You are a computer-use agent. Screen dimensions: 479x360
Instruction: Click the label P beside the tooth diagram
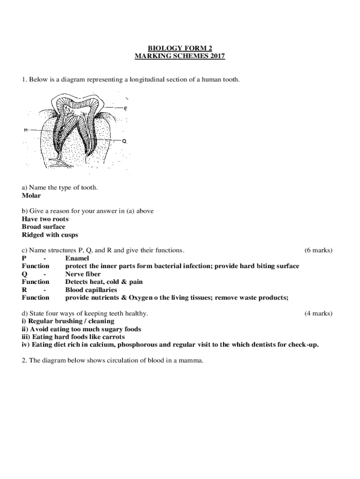[126, 108]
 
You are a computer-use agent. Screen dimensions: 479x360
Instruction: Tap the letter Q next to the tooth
[124, 140]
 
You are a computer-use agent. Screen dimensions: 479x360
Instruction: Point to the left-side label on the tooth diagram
[25, 130]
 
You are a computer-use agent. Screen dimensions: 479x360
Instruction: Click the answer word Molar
[31, 196]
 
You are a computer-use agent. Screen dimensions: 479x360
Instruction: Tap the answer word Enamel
[77, 258]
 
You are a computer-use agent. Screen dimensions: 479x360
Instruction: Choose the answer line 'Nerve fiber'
[83, 274]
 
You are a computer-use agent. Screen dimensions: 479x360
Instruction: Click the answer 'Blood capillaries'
[91, 290]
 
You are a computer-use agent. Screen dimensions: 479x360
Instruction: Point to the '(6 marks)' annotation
[318, 250]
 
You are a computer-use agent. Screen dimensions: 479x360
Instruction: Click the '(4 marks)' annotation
[318, 313]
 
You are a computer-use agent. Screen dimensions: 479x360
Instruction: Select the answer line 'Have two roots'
[45, 219]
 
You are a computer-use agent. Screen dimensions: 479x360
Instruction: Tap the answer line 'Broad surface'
[43, 227]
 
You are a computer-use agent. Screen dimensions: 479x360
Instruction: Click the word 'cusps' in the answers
[69, 235]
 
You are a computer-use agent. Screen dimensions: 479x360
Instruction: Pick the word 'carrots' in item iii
[114, 337]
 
